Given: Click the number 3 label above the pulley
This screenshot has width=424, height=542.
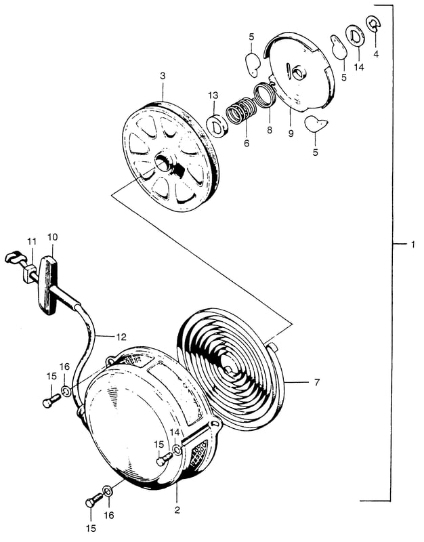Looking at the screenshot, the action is pyautogui.click(x=163, y=76).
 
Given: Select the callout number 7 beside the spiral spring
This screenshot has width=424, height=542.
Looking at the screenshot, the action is pyautogui.click(x=317, y=382).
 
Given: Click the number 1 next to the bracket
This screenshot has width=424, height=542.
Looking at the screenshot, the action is pyautogui.click(x=412, y=245).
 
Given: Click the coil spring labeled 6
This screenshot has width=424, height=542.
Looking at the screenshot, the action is pyautogui.click(x=240, y=110).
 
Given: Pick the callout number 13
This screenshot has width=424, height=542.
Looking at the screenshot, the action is pyautogui.click(x=213, y=96).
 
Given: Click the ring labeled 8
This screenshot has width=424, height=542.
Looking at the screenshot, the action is pyautogui.click(x=265, y=94).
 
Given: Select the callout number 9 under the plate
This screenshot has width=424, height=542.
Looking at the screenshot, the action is pyautogui.click(x=291, y=133).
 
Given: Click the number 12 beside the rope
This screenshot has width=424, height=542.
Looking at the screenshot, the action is pyautogui.click(x=121, y=336).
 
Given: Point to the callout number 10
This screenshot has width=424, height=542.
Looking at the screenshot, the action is pyautogui.click(x=53, y=237).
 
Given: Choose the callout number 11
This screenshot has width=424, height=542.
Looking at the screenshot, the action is pyautogui.click(x=32, y=242).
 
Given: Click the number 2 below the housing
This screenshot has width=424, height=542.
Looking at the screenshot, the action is pyautogui.click(x=177, y=510).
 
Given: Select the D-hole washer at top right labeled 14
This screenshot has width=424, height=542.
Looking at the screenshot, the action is pyautogui.click(x=355, y=35).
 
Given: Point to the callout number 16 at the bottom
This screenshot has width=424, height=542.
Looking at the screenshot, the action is pyautogui.click(x=109, y=516).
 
